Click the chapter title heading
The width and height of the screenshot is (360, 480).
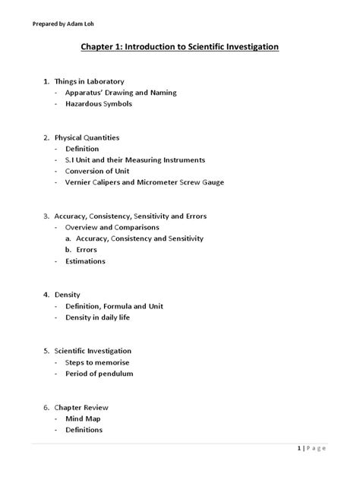(x=180, y=47)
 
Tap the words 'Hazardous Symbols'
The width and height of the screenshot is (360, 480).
(x=98, y=104)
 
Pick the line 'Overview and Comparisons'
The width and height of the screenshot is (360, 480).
(x=112, y=227)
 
